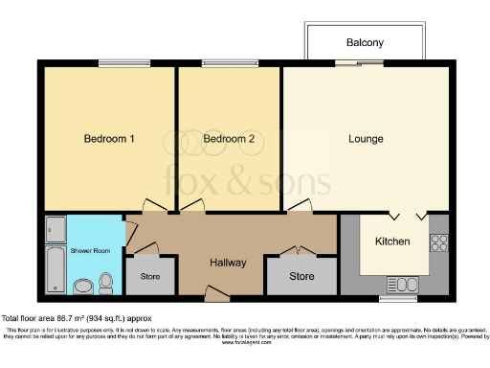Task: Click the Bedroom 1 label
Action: tap(108, 139)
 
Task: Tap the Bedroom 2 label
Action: tap(229, 139)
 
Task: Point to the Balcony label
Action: tap(364, 43)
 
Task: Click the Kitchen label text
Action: tap(392, 241)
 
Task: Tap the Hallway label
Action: tap(228, 263)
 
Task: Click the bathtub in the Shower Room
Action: tap(55, 270)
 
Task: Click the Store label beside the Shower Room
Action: tap(151, 277)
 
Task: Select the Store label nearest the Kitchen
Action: tap(301, 277)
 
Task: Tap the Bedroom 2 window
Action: tap(229, 64)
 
